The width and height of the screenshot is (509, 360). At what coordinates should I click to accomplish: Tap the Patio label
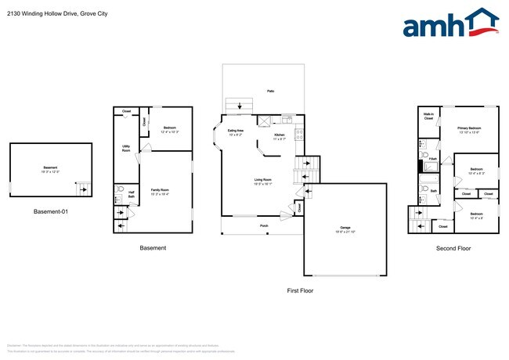click(271, 92)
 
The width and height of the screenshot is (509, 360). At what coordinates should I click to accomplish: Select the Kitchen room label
click(280, 135)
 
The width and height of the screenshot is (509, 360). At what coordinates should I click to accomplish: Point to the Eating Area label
click(235, 131)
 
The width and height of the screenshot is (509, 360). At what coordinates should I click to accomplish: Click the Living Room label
click(262, 181)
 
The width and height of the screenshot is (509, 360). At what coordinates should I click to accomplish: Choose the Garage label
click(345, 228)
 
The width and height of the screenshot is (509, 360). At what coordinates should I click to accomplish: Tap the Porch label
click(265, 225)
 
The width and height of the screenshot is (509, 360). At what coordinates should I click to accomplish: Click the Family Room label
click(160, 190)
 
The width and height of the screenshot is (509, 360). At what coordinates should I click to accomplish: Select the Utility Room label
click(126, 148)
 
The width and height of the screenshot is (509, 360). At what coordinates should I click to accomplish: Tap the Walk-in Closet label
click(429, 117)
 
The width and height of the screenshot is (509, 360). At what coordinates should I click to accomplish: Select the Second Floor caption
click(454, 249)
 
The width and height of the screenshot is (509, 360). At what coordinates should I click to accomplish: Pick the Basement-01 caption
click(50, 211)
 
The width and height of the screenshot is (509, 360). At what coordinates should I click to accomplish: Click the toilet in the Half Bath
click(119, 189)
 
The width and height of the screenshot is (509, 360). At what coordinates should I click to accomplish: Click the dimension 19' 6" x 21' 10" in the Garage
click(345, 232)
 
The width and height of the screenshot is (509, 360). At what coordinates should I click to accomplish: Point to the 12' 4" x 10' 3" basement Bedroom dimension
click(170, 131)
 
